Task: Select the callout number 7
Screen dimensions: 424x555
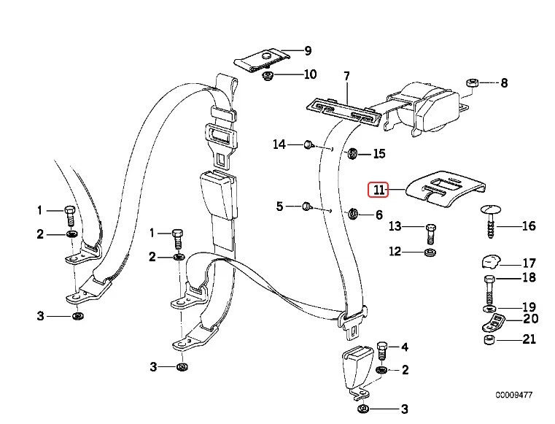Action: [346, 76]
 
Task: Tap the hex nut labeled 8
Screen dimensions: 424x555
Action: [470, 82]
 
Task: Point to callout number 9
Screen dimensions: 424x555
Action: [307, 50]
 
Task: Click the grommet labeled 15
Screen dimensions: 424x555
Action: [351, 153]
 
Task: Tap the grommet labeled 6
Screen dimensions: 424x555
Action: [352, 214]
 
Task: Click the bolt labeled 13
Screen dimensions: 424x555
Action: [430, 234]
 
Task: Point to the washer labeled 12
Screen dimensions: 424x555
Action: [430, 253]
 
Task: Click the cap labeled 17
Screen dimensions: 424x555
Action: [489, 262]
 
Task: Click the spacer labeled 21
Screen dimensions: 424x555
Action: [488, 340]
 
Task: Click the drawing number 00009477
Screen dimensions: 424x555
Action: [513, 395]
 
